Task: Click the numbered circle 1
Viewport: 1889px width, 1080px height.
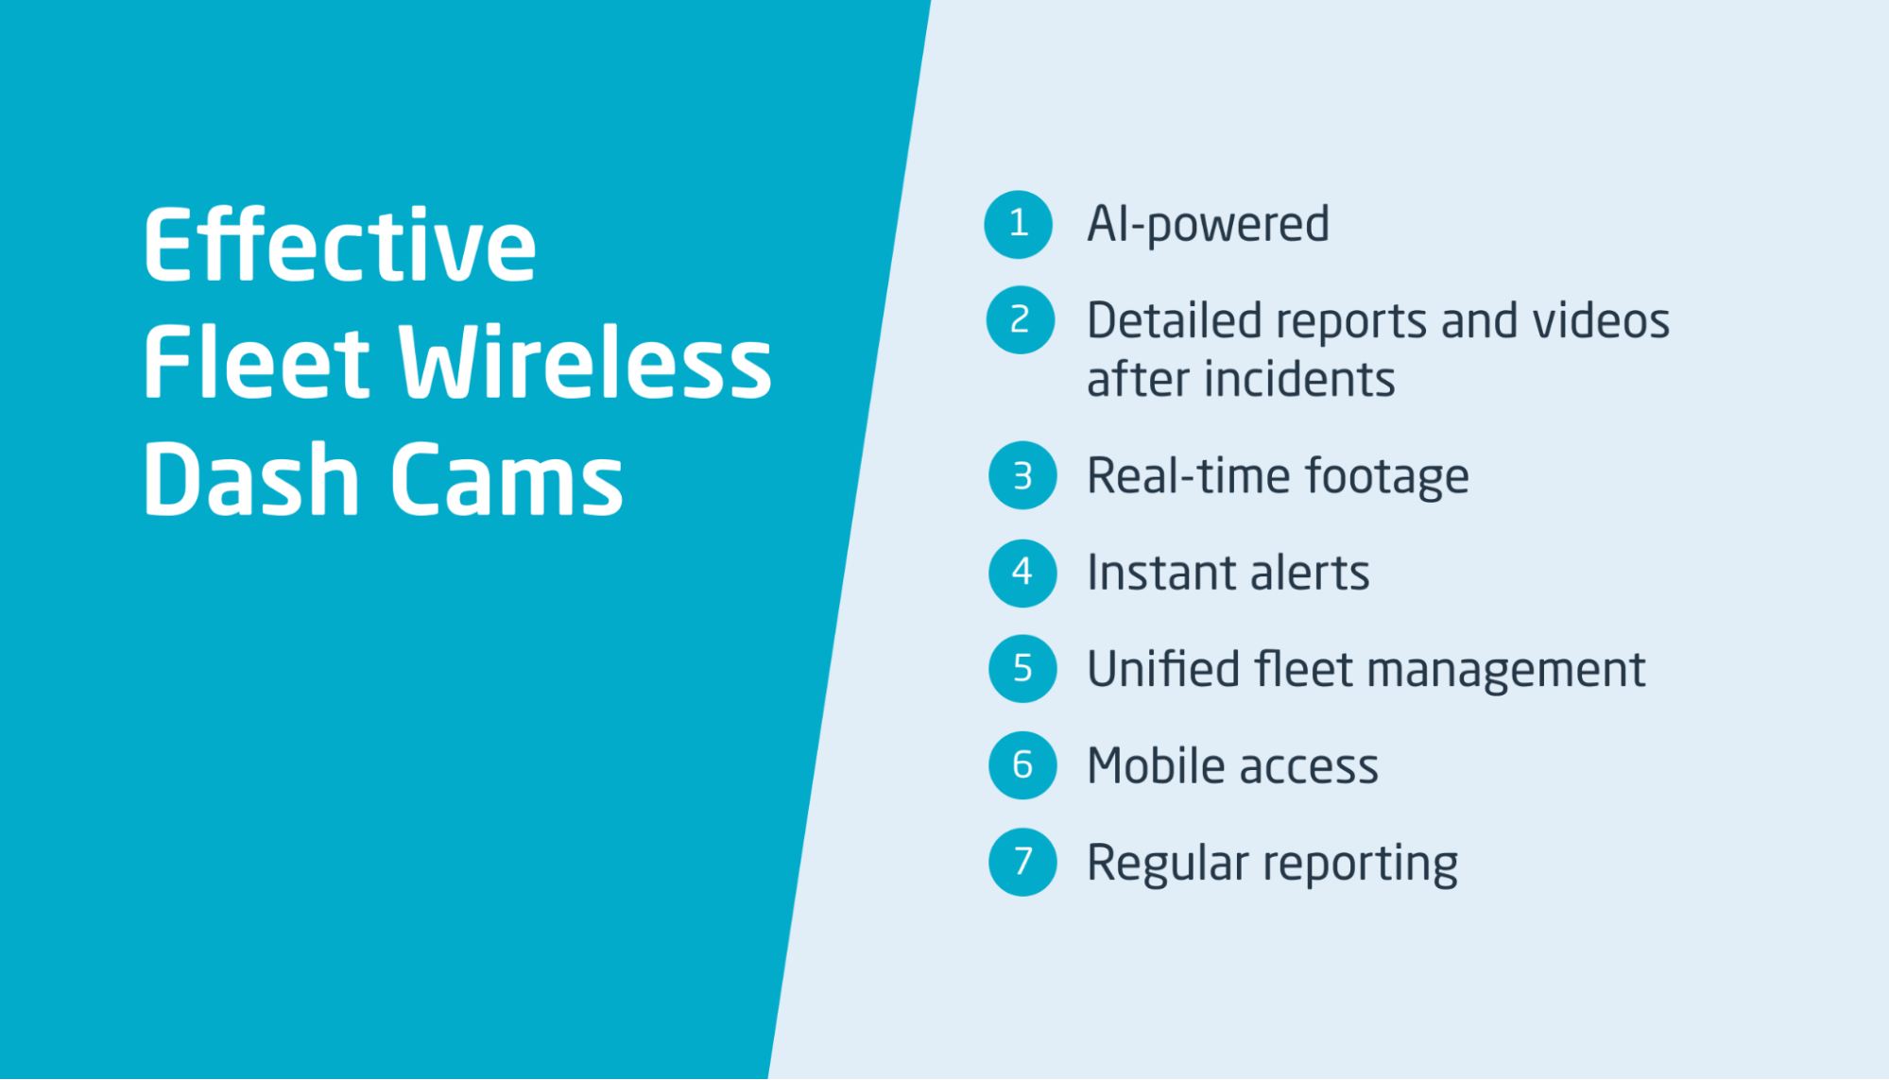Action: pyautogui.click(x=1018, y=224)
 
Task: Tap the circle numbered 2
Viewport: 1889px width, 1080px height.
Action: pyautogui.click(x=1021, y=320)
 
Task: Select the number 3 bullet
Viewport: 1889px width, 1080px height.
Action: pyautogui.click(x=1022, y=475)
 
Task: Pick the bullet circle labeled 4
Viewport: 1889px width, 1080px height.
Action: pyautogui.click(x=1022, y=573)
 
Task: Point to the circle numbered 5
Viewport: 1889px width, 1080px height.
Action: pyautogui.click(x=1022, y=669)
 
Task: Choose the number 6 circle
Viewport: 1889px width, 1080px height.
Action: pyautogui.click(x=1022, y=765)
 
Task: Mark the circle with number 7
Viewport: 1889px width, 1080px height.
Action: pyautogui.click(x=1022, y=862)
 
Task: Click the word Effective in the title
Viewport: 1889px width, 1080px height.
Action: pyautogui.click(x=340, y=245)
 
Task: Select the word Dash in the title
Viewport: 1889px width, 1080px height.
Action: pyautogui.click(x=251, y=479)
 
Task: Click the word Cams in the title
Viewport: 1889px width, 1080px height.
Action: pyautogui.click(x=507, y=479)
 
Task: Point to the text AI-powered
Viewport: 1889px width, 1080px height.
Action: pyautogui.click(x=1209, y=226)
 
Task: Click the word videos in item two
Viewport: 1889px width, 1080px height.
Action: pyautogui.click(x=1601, y=320)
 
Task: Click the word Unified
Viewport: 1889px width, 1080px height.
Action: pyautogui.click(x=1163, y=669)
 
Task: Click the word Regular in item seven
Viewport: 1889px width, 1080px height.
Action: pyautogui.click(x=1168, y=864)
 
